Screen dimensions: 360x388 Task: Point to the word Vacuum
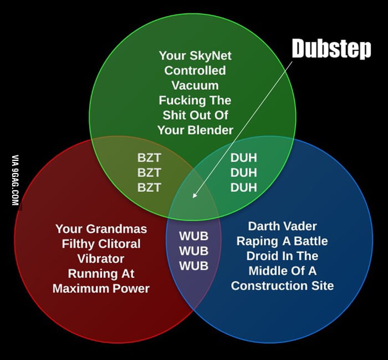point(195,85)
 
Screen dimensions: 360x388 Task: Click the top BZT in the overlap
point(149,158)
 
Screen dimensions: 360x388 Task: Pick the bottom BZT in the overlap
point(149,187)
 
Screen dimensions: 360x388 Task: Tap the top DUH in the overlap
point(244,158)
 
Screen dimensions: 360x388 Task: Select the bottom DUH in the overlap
point(244,187)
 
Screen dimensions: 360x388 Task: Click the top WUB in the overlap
point(193,236)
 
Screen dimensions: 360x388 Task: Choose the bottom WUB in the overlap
point(193,266)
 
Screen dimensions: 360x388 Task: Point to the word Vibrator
point(101,258)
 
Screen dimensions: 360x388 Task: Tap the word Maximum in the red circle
point(79,288)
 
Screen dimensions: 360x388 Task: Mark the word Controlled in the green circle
point(195,70)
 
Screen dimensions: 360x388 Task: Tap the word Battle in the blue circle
point(308,241)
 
